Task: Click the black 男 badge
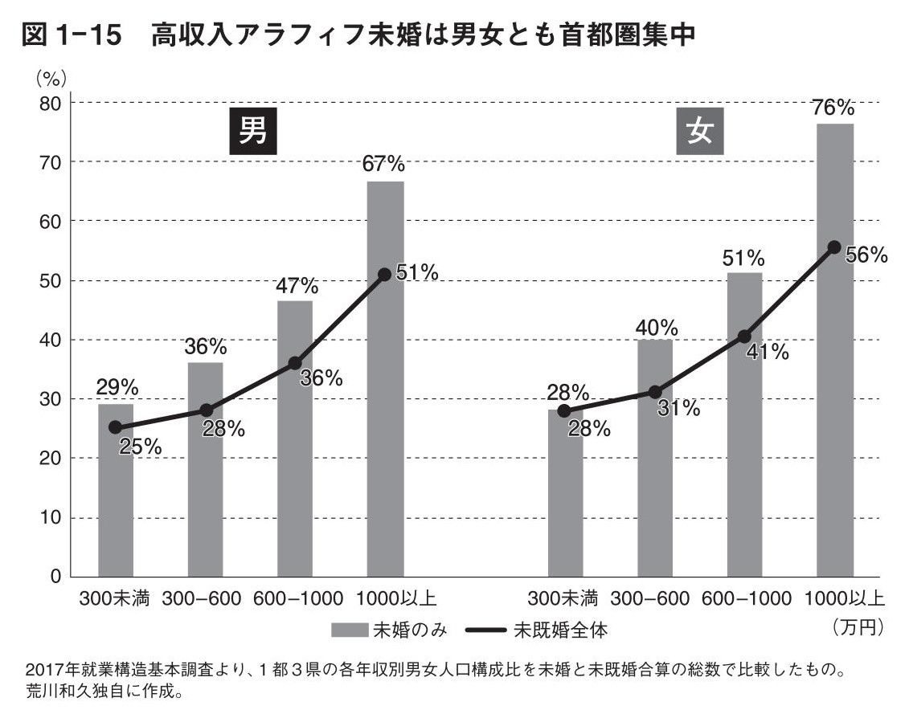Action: click(253, 130)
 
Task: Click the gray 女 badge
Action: click(700, 130)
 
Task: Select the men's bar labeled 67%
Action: click(385, 377)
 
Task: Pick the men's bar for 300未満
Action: click(116, 490)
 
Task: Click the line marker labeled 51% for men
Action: click(384, 275)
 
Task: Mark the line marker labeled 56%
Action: click(834, 247)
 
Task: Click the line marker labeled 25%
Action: click(116, 427)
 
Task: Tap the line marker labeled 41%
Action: click(744, 337)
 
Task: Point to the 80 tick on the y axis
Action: click(51, 103)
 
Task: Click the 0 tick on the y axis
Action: click(55, 577)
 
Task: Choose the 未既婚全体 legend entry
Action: click(546, 630)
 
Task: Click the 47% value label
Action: click(297, 286)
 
